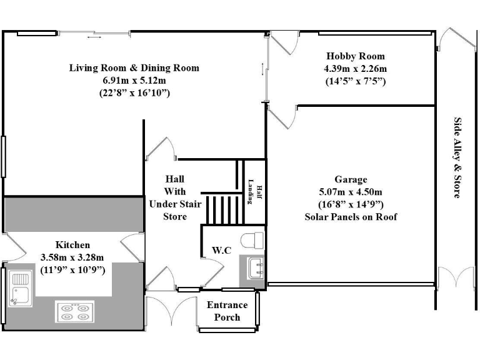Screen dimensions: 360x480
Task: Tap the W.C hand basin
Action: click(x=256, y=269)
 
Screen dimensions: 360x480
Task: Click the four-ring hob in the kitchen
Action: click(x=75, y=311)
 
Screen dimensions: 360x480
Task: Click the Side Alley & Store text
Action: click(x=457, y=157)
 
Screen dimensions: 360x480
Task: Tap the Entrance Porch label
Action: click(x=227, y=311)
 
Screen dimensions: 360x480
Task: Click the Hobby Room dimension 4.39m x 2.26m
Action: click(x=354, y=68)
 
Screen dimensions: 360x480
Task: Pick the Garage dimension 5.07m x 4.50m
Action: click(x=351, y=192)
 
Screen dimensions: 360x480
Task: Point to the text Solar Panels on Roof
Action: click(x=351, y=217)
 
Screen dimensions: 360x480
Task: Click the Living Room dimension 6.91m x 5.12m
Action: click(x=134, y=80)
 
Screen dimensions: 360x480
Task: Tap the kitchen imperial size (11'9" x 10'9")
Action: click(x=72, y=269)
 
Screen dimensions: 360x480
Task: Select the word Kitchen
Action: click(x=72, y=245)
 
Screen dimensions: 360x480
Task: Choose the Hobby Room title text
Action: click(x=355, y=56)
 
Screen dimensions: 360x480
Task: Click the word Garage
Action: click(x=351, y=179)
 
